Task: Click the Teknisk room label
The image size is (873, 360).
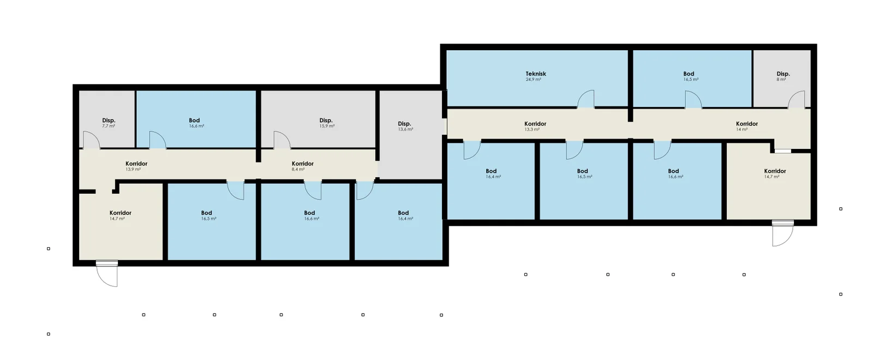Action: click(535, 74)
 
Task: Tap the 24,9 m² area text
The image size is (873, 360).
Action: click(533, 80)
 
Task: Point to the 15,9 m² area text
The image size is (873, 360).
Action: click(327, 126)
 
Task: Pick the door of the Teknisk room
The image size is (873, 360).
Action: click(585, 99)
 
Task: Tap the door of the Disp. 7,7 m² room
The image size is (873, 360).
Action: click(92, 140)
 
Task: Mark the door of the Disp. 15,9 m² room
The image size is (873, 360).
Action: click(282, 140)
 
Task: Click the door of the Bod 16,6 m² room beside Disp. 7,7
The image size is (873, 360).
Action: click(158, 140)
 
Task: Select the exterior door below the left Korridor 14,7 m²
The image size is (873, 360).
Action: click(107, 273)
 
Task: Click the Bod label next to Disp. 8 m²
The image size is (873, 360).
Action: click(689, 74)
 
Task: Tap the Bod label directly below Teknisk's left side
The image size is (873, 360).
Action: click(491, 171)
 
